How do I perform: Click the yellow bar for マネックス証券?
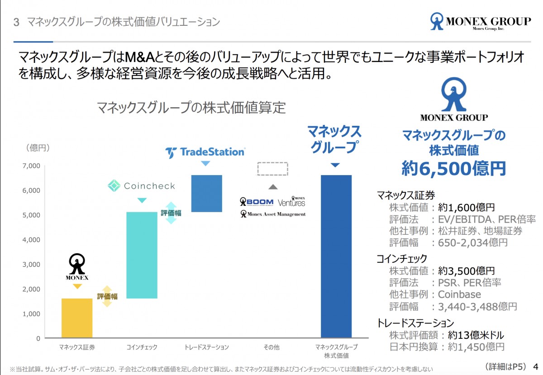tap(77, 318)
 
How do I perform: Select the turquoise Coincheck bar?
tap(142, 255)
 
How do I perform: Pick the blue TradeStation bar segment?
tap(206, 193)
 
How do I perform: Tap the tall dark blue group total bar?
tap(336, 256)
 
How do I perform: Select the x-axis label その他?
tap(271, 347)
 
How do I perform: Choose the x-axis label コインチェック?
tap(142, 347)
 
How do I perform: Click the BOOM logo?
tap(257, 202)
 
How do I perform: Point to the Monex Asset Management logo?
tap(273, 214)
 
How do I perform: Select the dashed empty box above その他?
tap(272, 169)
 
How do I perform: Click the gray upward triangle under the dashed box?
tap(272, 186)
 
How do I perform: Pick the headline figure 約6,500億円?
tap(454, 168)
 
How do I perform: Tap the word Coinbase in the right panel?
tap(459, 294)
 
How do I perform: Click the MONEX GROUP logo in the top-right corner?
tap(481, 22)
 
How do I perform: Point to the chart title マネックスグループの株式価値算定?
tap(191, 108)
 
